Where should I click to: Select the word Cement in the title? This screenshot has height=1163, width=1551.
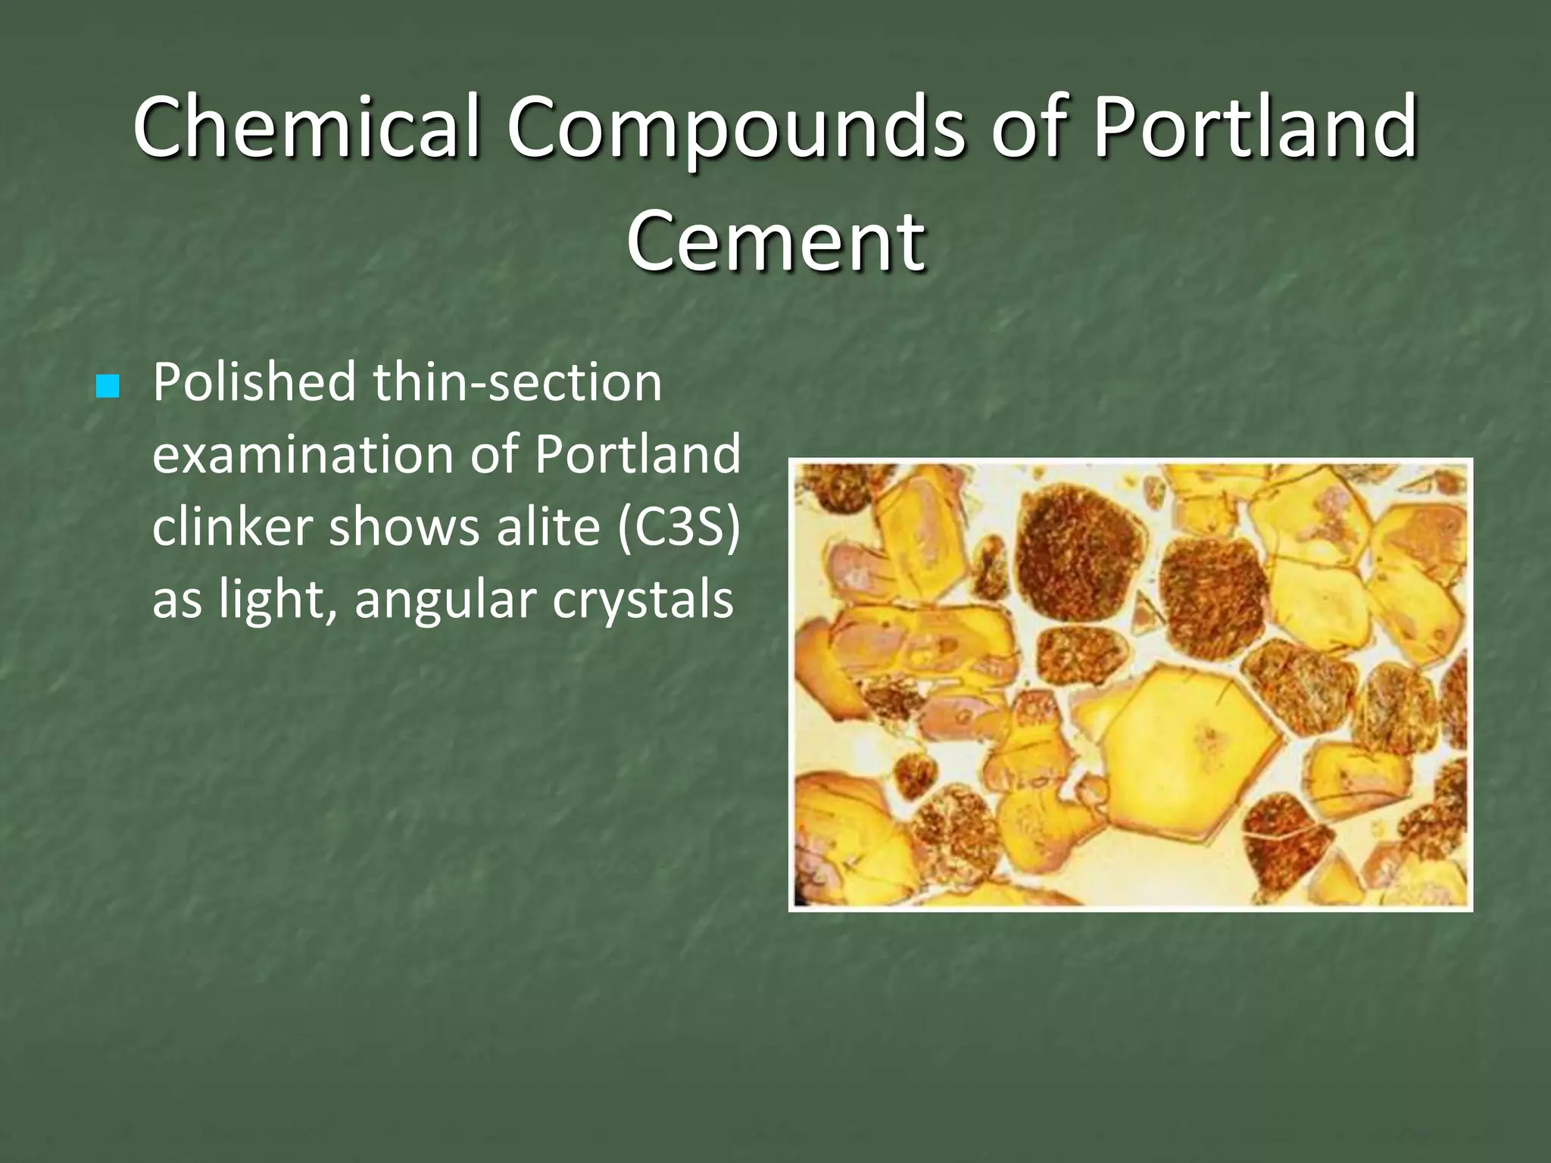[775, 240]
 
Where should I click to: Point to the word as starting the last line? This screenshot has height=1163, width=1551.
[176, 600]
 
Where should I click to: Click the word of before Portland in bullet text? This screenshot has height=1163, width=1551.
[494, 454]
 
